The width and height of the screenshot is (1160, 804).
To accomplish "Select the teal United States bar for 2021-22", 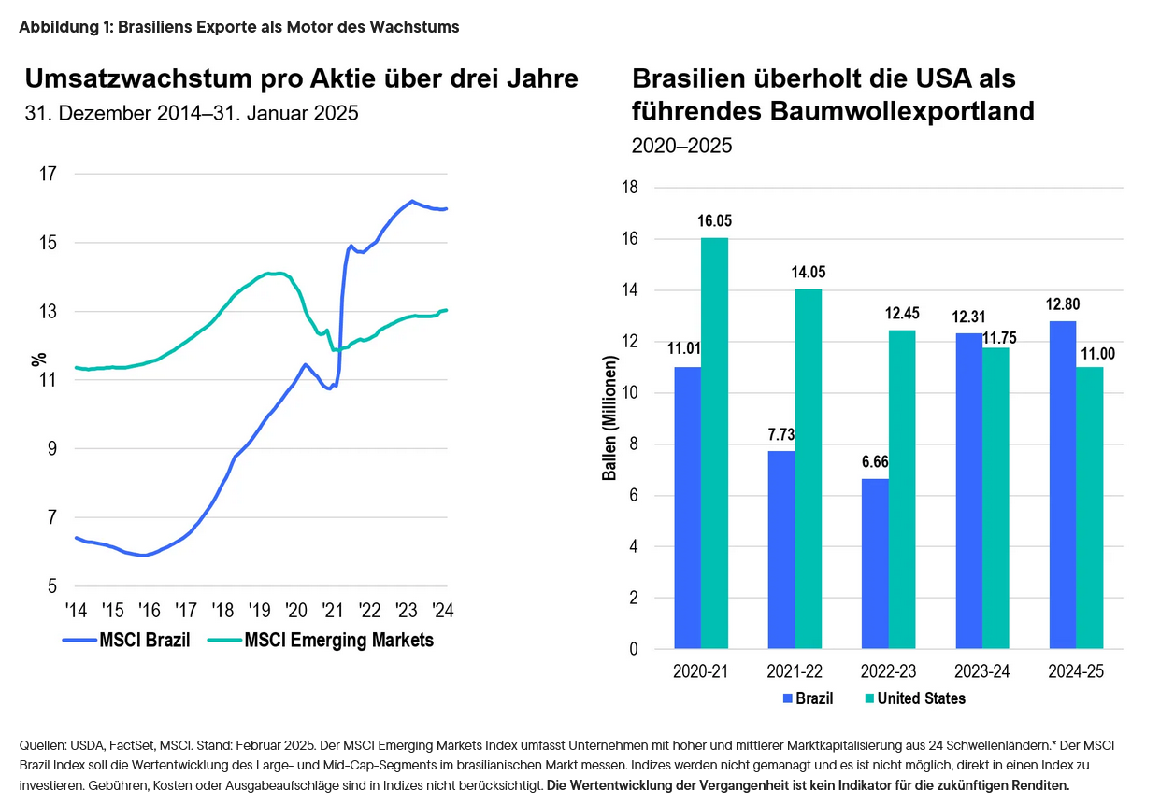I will click(x=809, y=468).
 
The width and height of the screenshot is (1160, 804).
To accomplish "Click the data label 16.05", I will click(x=715, y=221).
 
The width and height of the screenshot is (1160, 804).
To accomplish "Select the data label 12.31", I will click(x=968, y=317).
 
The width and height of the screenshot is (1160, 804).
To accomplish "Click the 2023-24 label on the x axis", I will click(x=982, y=672).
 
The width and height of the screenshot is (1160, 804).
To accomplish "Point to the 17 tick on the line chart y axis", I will click(x=48, y=174).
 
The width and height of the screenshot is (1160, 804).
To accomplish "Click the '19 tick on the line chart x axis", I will click(x=259, y=610).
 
